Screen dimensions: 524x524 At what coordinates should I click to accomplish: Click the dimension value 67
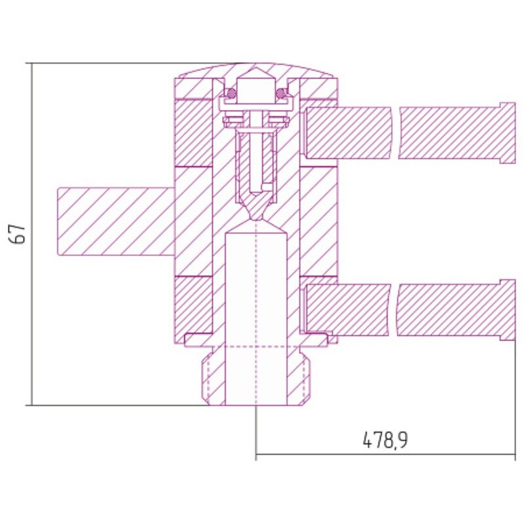click(18, 234)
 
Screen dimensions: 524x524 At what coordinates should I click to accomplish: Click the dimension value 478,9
click(385, 440)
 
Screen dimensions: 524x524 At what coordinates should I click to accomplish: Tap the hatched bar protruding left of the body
click(116, 221)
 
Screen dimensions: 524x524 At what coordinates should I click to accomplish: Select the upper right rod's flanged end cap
click(508, 134)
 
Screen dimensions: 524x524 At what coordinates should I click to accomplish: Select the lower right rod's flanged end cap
click(508, 310)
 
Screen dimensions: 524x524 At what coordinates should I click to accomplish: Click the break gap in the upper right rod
click(396, 133)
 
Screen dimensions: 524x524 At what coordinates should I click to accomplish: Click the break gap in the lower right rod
click(394, 310)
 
